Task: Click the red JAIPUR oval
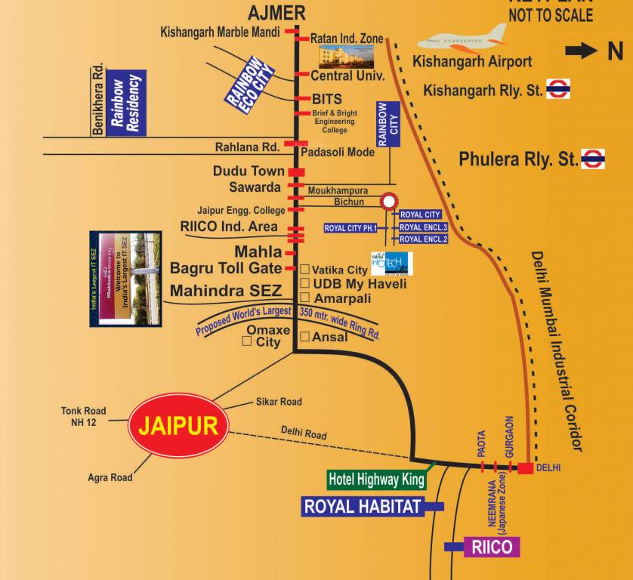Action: (x=178, y=424)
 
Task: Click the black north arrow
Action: (x=582, y=51)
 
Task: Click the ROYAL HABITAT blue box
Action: (x=362, y=506)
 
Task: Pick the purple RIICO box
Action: (x=492, y=547)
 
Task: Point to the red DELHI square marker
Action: (x=525, y=468)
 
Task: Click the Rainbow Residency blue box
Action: (x=125, y=104)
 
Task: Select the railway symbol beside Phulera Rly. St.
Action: (x=593, y=159)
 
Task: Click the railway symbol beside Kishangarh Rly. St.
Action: (x=558, y=89)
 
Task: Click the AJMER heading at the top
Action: (x=277, y=12)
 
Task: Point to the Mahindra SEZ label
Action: (x=226, y=291)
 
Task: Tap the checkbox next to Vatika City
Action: (x=304, y=270)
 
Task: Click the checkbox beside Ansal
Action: (x=304, y=336)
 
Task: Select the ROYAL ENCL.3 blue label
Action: (x=423, y=227)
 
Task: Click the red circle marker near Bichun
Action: (x=389, y=202)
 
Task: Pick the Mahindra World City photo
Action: (x=125, y=279)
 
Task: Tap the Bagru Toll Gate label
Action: (x=226, y=268)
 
